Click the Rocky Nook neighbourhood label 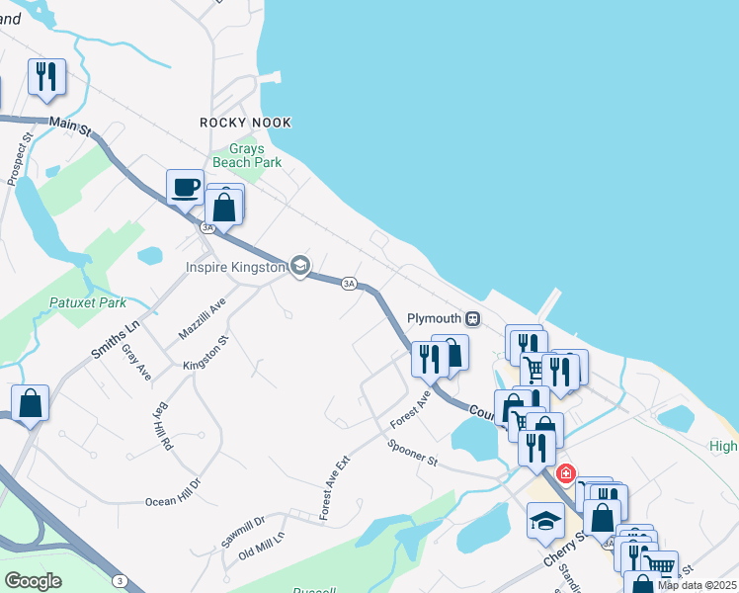coord(246,123)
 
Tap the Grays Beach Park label coord(247,155)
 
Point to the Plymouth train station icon coord(473,319)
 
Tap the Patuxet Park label coord(89,302)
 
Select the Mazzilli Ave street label coord(203,321)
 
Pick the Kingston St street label coord(205,353)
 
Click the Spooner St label coord(413,453)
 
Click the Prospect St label coord(20,158)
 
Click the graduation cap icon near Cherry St coord(545,521)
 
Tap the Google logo coord(33,581)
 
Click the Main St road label coord(69,127)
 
